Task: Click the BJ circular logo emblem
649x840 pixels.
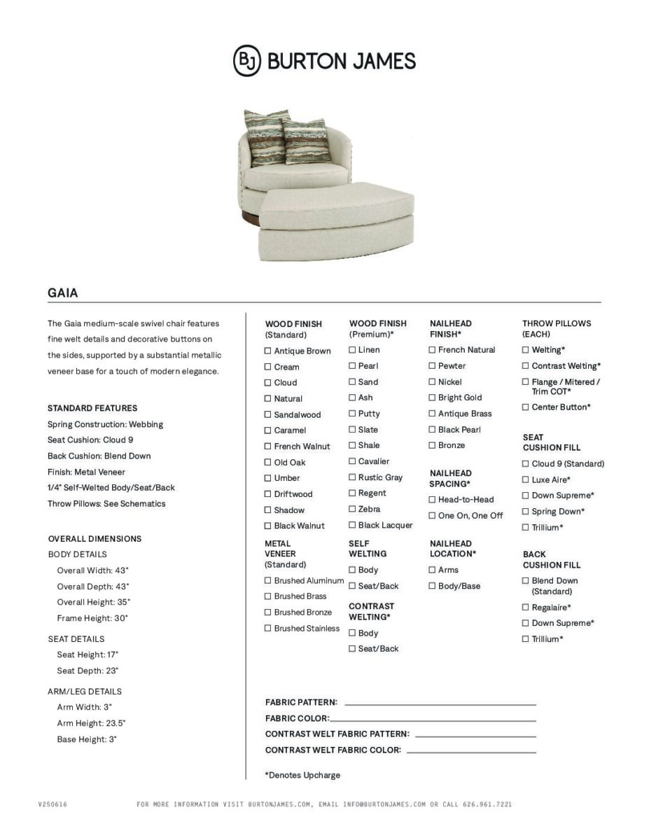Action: coord(246,61)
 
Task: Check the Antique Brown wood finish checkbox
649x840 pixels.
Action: coord(267,351)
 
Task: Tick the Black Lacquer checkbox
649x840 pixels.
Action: coord(352,525)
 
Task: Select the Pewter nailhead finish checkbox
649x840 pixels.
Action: coord(432,366)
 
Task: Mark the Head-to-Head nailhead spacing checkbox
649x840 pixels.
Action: coord(432,500)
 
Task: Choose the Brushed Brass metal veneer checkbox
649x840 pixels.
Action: coord(267,596)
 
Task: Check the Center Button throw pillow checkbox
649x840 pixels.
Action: coord(525,407)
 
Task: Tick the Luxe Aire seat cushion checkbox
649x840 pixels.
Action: coord(525,480)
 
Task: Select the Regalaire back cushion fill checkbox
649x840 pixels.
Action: coord(525,608)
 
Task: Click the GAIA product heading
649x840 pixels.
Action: coord(63,293)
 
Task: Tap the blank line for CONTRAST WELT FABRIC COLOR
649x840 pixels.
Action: coord(470,750)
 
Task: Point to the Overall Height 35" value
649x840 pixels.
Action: coord(93,603)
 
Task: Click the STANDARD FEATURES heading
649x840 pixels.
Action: coord(92,408)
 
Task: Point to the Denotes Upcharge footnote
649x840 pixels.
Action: coord(302,776)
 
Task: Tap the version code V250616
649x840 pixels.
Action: coord(53,805)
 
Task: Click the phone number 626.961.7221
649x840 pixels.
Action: coord(487,805)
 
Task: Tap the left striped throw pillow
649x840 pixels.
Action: coord(265,136)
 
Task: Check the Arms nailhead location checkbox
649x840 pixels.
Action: coord(432,570)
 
